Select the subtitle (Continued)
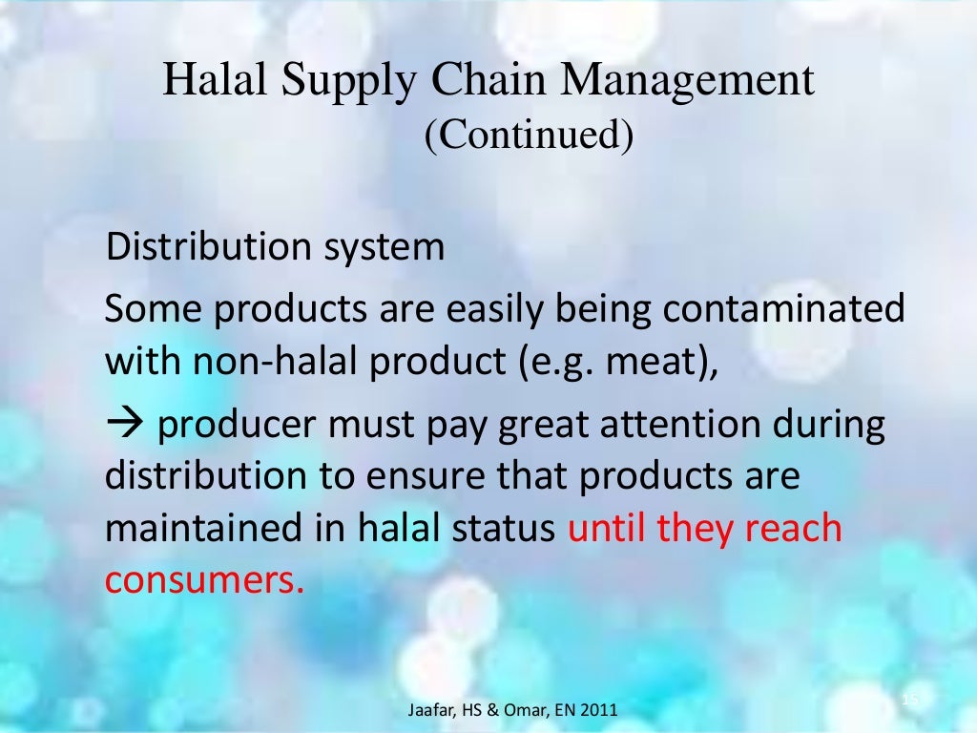[x=529, y=135]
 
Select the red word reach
[x=791, y=528]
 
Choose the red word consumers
[x=204, y=579]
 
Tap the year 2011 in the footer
[x=597, y=710]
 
